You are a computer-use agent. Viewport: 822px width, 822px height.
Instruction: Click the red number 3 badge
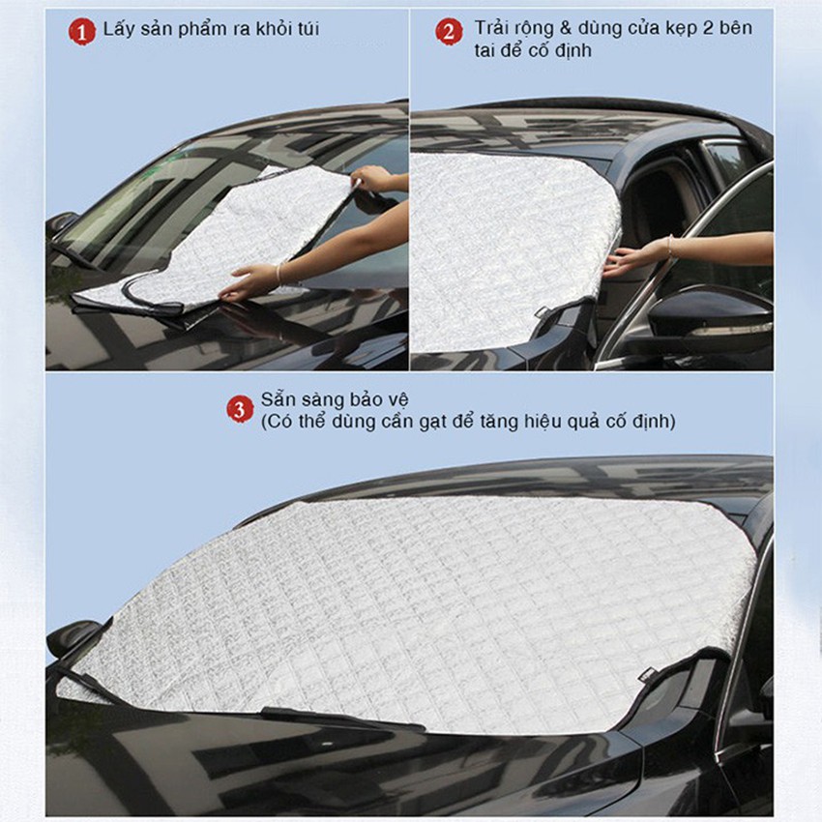tap(240, 408)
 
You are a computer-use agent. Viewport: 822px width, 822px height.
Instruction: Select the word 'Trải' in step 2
tap(493, 28)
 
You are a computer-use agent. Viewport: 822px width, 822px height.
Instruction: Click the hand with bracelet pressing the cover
tap(248, 281)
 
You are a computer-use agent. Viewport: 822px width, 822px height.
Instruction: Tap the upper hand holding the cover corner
tap(373, 178)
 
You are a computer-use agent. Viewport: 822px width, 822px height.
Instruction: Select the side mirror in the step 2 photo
tap(711, 319)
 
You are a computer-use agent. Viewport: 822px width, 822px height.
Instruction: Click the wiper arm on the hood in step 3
tap(338, 718)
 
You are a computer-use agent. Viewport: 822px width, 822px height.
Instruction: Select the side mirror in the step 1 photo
tap(60, 224)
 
